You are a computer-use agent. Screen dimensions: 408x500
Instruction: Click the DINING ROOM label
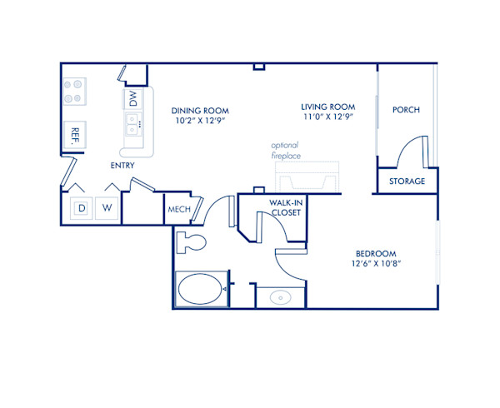click(200, 111)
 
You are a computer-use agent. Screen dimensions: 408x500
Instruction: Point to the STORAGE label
click(407, 182)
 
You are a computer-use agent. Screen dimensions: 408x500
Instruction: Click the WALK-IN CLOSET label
click(286, 207)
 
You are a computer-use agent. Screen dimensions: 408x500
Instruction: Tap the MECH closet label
click(179, 210)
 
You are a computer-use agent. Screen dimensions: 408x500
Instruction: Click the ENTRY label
click(122, 166)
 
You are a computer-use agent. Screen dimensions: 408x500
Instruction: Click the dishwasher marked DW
click(132, 98)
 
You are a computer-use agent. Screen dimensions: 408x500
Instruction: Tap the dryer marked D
click(82, 207)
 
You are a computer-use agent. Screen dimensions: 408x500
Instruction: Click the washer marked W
click(107, 207)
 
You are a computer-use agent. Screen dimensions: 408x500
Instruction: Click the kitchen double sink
click(132, 125)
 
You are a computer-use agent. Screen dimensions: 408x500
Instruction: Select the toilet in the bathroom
click(192, 243)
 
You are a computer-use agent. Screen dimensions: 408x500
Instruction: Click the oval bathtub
click(201, 290)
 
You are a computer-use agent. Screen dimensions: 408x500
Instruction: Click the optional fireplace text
click(285, 149)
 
